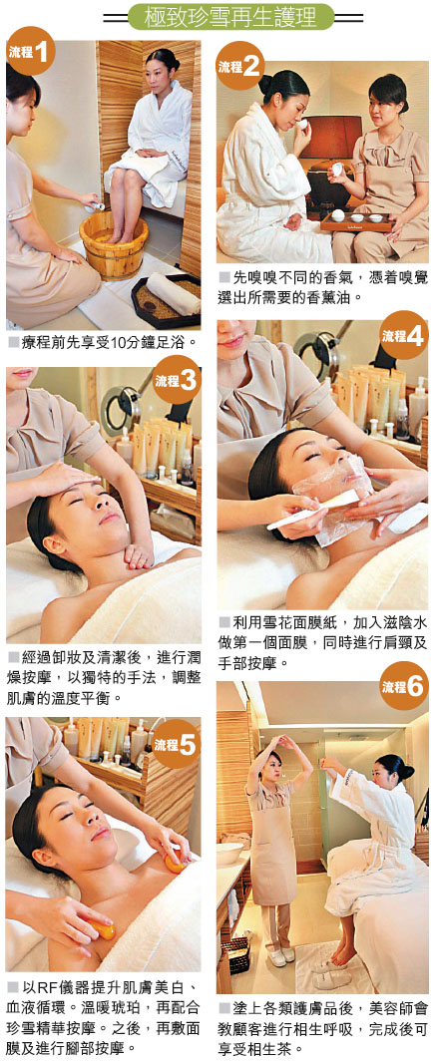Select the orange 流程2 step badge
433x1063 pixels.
239,65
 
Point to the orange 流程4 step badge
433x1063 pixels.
404,335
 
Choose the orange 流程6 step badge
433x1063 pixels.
404,686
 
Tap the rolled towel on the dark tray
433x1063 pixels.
173,293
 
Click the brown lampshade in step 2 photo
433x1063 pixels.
331,137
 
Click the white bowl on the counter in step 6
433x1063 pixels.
229,853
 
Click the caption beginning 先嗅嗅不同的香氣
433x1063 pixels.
322,287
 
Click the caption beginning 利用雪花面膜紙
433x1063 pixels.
322,642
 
